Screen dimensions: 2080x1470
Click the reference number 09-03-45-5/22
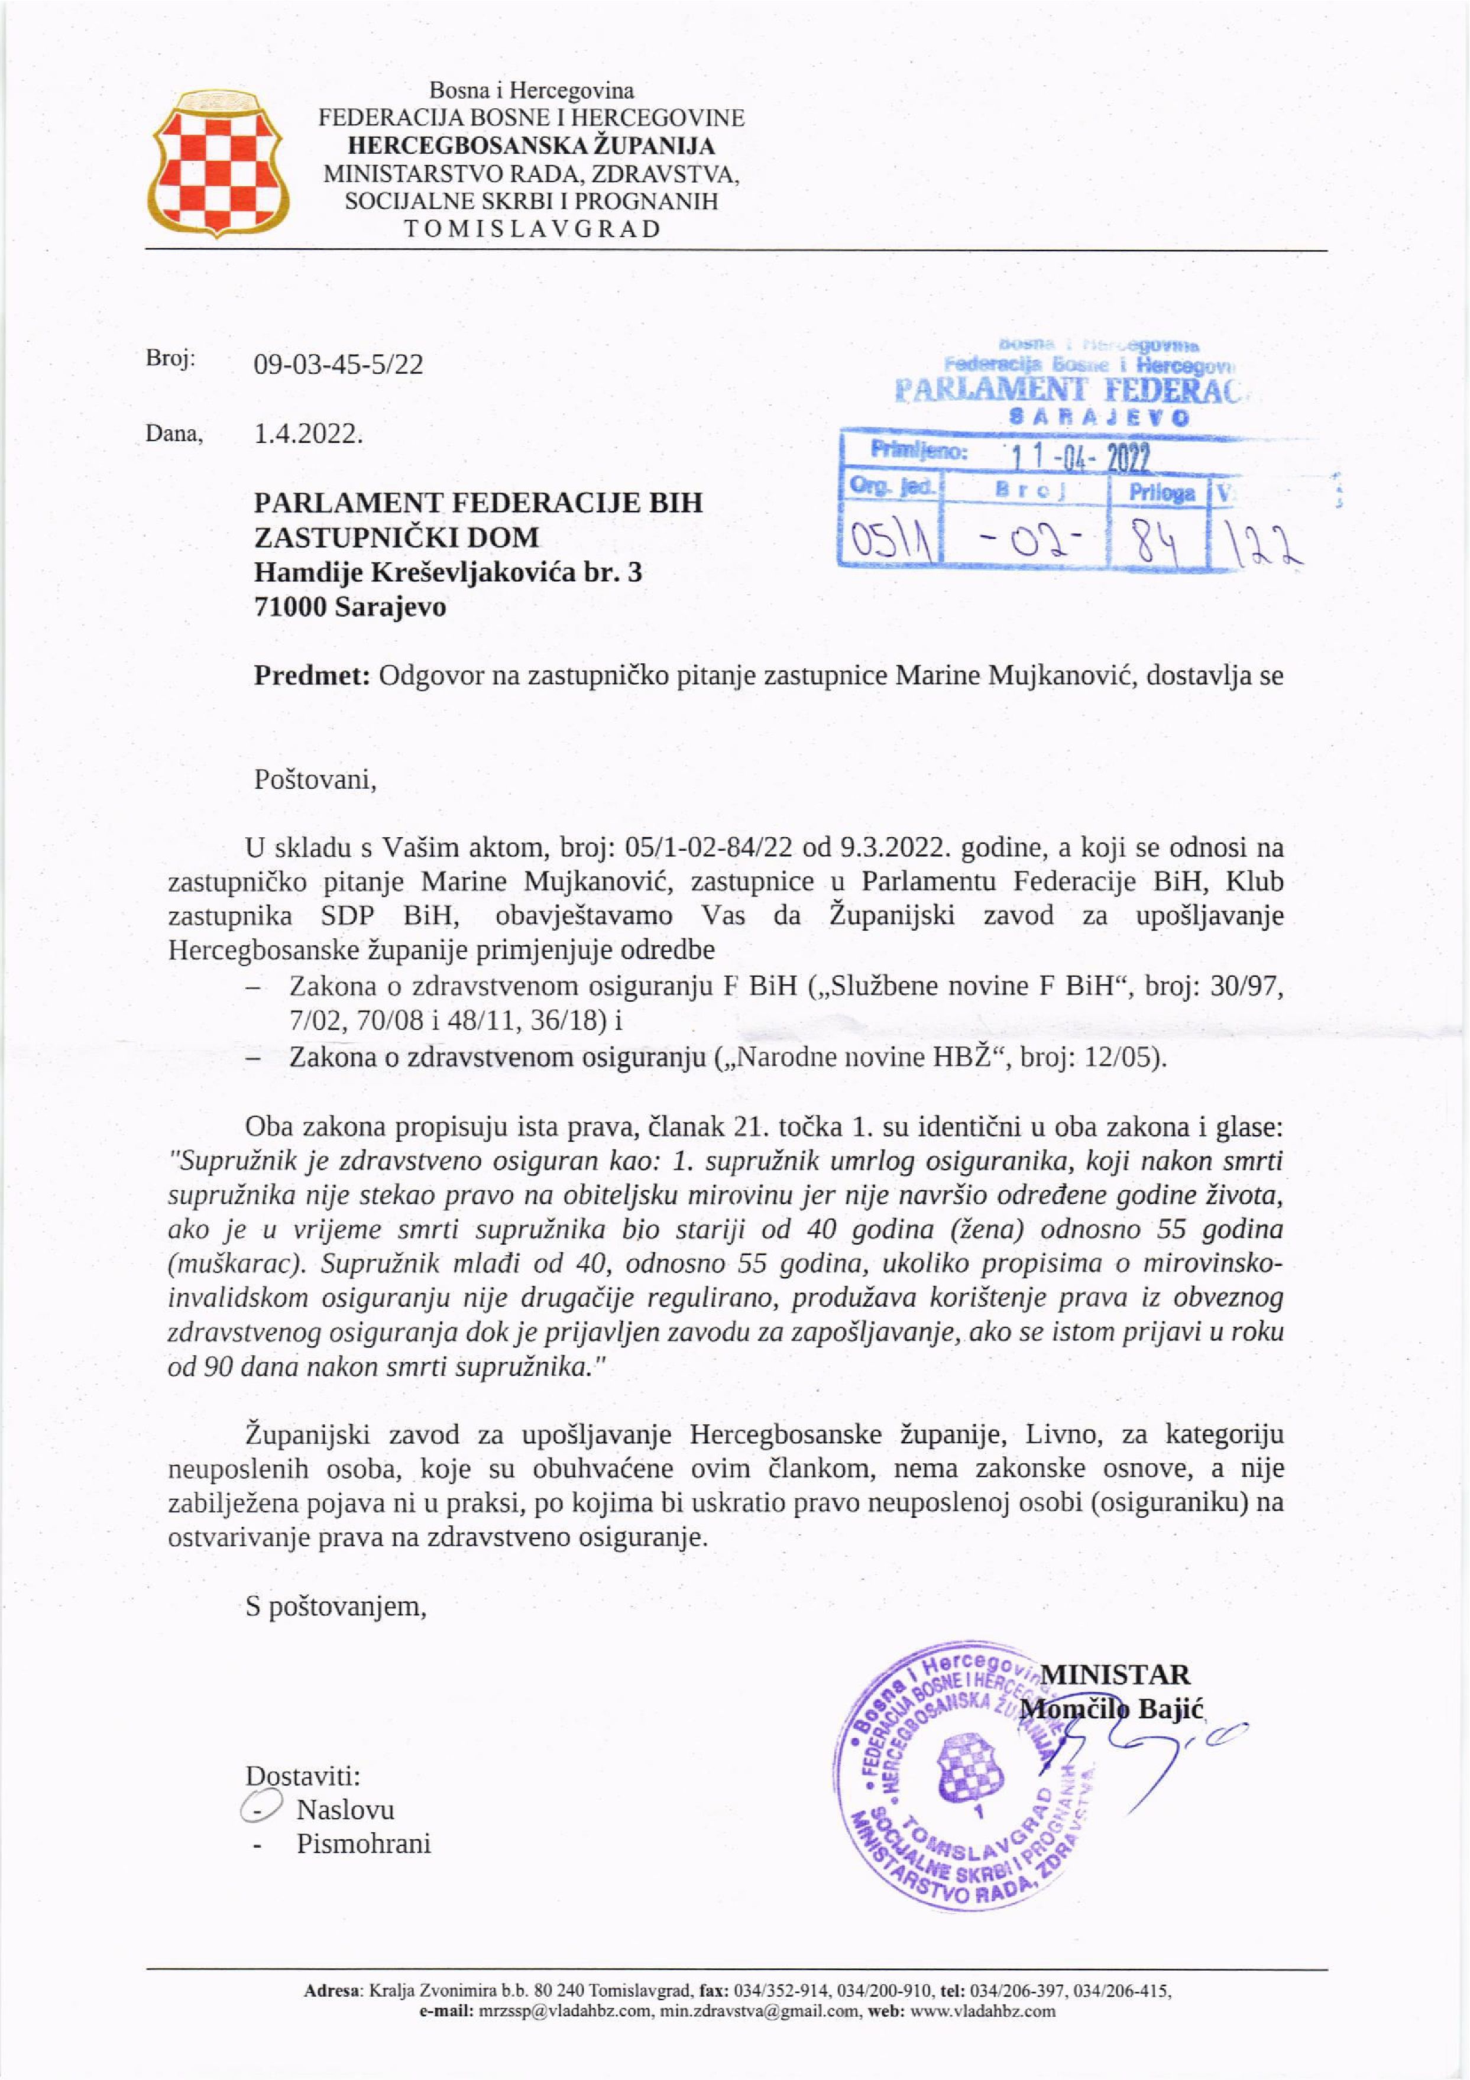[x=338, y=364]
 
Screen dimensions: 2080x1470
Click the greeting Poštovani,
[x=315, y=779]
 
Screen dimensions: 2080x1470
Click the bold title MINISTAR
[x=1115, y=1674]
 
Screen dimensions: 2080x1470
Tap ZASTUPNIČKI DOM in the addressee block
[x=396, y=537]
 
